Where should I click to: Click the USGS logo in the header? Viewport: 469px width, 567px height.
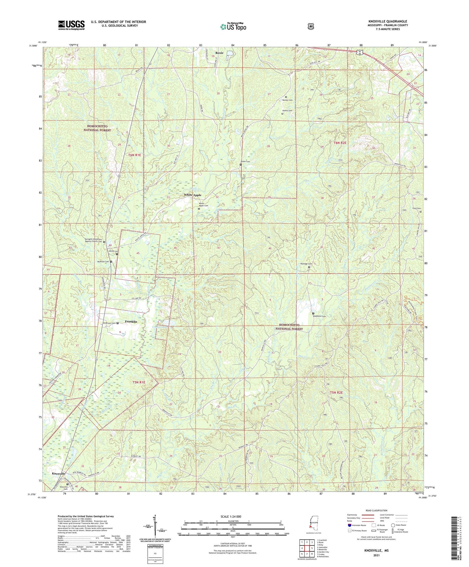tap(71, 25)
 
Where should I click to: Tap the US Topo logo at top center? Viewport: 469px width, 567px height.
tap(233, 27)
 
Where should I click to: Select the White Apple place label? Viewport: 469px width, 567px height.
tap(193, 195)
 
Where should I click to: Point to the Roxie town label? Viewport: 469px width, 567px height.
tap(219, 53)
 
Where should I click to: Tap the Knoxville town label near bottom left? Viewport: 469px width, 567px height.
tap(58, 474)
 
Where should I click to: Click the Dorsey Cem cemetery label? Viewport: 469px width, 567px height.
tap(287, 100)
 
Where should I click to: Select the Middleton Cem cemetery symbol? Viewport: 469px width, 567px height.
tap(313, 313)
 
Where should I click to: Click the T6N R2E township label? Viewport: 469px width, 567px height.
tap(338, 143)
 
